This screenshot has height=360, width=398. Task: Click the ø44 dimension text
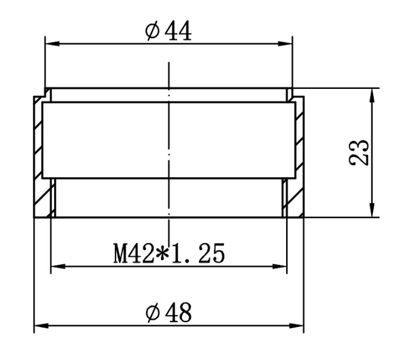point(168,32)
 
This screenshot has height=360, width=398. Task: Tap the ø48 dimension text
point(168,313)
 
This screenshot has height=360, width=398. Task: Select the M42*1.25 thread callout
point(169,254)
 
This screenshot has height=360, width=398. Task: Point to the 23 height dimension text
point(359,152)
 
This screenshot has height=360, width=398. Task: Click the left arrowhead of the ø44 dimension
point(52,44)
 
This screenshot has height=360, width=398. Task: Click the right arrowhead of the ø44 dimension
point(285,44)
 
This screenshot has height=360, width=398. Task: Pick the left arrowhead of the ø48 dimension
point(42,326)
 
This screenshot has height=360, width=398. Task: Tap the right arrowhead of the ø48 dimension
point(296,326)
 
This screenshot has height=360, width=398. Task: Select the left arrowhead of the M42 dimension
point(58,267)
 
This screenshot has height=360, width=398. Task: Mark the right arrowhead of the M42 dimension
point(279,267)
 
